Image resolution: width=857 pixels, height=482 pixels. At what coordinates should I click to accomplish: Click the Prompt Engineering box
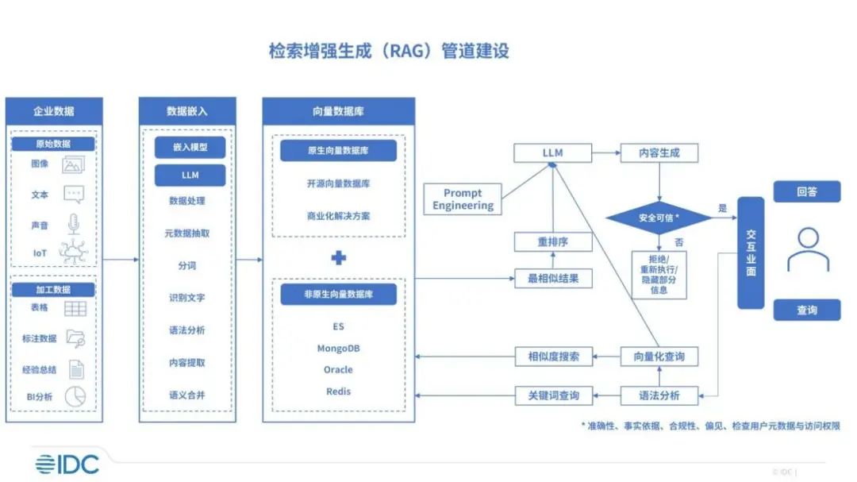click(463, 199)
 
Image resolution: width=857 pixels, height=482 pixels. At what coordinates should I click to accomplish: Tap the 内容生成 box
click(659, 153)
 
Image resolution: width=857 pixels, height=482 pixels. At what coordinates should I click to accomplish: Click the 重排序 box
click(553, 242)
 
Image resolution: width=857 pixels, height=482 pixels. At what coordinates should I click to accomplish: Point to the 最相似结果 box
click(553, 278)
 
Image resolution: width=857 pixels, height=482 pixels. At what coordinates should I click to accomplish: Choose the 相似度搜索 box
click(553, 357)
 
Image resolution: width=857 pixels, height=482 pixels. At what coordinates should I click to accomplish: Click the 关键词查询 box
click(553, 395)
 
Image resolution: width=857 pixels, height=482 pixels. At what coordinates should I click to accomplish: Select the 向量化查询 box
click(659, 357)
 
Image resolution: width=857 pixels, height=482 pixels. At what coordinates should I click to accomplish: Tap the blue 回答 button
click(807, 191)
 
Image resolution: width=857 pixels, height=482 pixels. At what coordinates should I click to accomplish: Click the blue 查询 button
click(807, 310)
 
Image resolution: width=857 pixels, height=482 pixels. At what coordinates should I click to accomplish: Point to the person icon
click(808, 250)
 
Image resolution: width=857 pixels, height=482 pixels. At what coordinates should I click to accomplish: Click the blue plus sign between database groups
click(339, 258)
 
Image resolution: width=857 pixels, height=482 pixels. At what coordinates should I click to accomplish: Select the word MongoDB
click(339, 349)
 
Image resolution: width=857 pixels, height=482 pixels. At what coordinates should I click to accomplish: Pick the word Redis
click(339, 391)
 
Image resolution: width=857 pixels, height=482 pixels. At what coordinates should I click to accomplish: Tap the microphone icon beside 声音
click(75, 224)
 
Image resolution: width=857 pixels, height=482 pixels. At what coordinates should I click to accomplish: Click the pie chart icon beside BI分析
click(75, 397)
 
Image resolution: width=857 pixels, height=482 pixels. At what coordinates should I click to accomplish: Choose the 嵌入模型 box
click(189, 148)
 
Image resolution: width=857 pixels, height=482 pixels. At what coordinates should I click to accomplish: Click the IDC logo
click(67, 464)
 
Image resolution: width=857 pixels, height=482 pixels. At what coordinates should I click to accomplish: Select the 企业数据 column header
click(54, 111)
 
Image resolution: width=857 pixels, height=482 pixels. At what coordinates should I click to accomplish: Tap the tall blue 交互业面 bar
click(751, 253)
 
